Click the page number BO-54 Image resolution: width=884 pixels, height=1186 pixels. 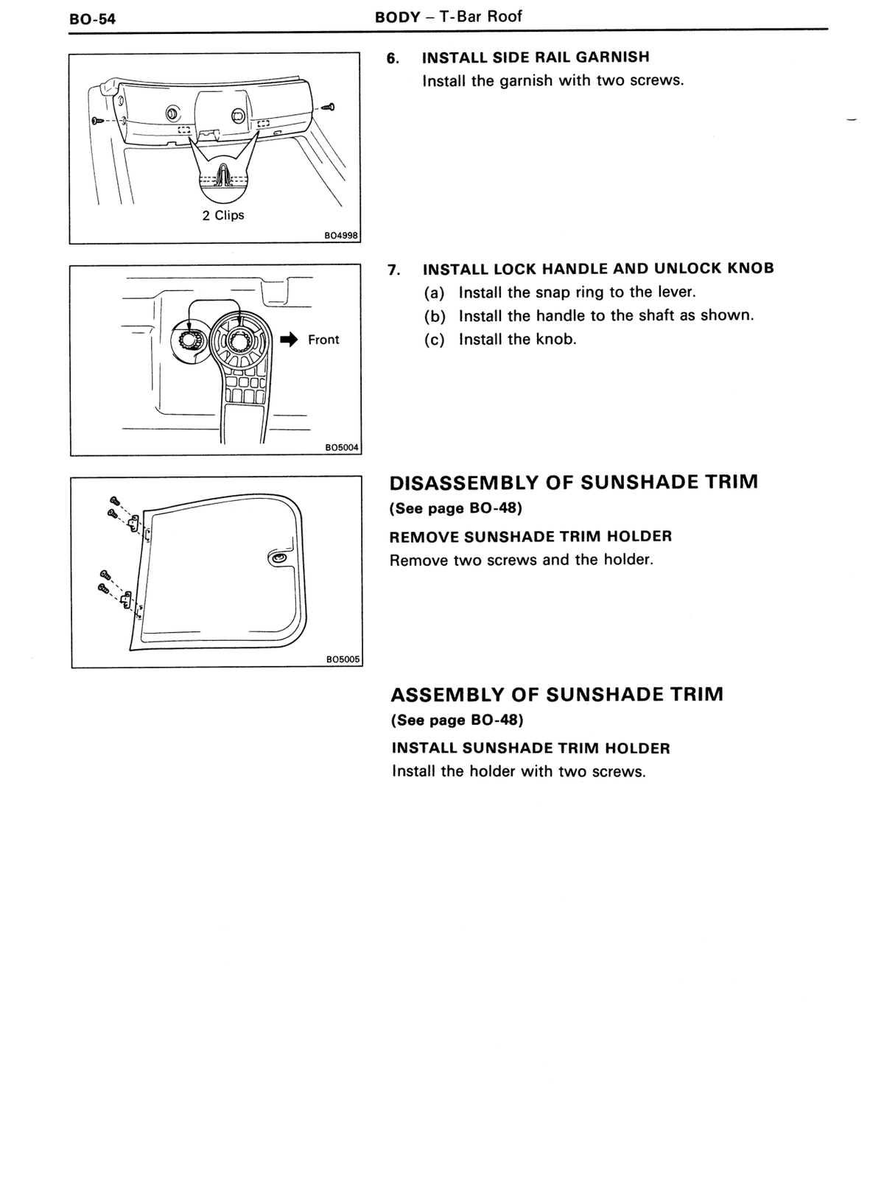click(x=92, y=19)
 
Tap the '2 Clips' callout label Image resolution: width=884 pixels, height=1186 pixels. click(x=223, y=215)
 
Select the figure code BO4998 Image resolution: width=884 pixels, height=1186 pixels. click(x=342, y=236)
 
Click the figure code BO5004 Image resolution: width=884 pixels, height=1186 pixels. click(x=342, y=447)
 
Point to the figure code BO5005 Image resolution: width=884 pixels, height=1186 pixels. click(x=343, y=659)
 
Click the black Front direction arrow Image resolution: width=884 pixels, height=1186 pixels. click(x=290, y=340)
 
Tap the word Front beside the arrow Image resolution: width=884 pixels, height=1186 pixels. click(x=323, y=340)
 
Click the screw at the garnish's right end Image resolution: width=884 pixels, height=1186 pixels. click(x=327, y=107)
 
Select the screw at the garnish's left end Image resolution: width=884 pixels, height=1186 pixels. click(x=98, y=121)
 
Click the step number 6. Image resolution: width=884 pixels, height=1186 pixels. click(x=393, y=57)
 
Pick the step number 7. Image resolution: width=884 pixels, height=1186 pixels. click(x=394, y=270)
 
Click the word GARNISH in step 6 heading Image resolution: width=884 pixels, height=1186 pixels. click(x=613, y=57)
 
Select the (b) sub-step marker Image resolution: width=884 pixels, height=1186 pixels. click(x=435, y=316)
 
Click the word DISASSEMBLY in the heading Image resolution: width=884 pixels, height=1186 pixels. click(x=464, y=483)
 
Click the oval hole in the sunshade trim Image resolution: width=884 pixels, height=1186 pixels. click(x=278, y=558)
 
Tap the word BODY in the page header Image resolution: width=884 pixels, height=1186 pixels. click(x=398, y=17)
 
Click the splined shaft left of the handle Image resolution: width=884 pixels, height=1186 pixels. click(x=189, y=340)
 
